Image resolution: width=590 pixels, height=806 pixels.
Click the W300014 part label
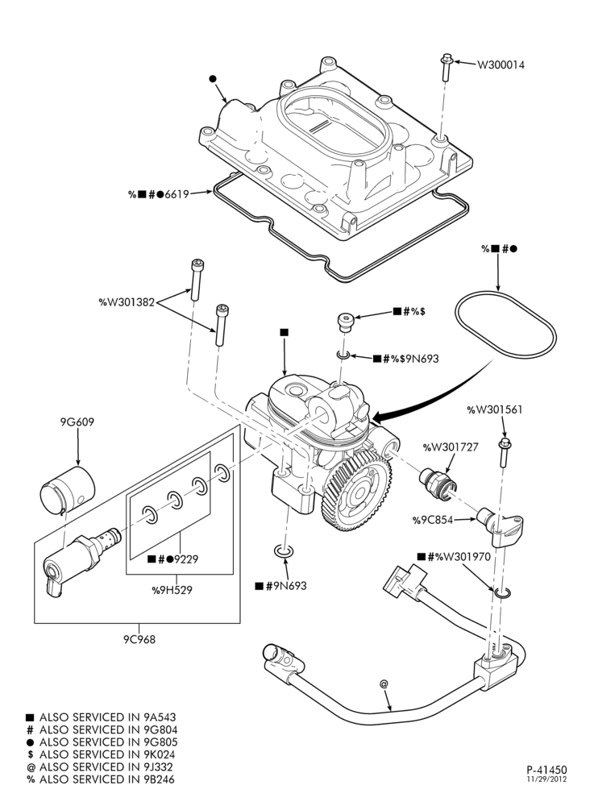501,64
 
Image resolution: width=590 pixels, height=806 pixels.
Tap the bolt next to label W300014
446,67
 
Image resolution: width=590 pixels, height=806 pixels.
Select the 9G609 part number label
77,422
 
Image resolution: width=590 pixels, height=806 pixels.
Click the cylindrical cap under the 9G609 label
68,490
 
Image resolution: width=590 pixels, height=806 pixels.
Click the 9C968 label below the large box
139,639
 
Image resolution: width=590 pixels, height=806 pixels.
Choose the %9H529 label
172,590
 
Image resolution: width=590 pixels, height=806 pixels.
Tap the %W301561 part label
494,409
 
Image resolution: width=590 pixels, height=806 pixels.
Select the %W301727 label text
451,447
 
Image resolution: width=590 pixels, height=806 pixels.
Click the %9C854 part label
432,520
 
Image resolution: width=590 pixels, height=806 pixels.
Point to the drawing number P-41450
546,770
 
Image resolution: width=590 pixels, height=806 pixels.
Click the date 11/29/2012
546,779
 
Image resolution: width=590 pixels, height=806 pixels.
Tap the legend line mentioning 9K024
102,754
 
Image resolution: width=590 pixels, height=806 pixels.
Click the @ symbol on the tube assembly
384,683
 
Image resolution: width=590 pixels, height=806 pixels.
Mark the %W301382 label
127,301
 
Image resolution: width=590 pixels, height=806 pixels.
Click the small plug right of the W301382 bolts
345,323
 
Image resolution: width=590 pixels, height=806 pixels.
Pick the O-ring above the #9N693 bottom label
283,551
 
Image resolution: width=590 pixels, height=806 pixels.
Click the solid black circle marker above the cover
213,79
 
